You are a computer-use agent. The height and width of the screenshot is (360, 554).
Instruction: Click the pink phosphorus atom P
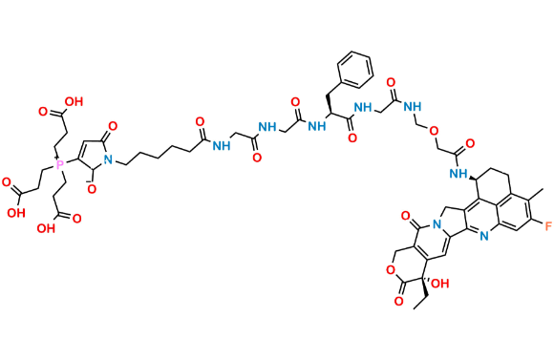pyautogui.click(x=59, y=167)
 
